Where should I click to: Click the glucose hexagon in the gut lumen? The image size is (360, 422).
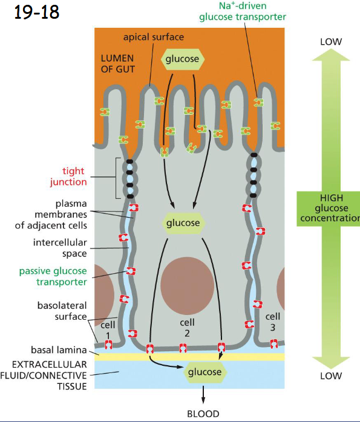(x=183, y=59)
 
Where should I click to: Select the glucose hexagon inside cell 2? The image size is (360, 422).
(x=183, y=223)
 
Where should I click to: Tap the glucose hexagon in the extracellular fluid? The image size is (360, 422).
(x=205, y=372)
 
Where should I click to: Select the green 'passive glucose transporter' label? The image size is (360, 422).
(x=52, y=276)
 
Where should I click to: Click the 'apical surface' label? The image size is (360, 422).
(x=153, y=37)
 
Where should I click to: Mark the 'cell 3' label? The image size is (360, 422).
(x=273, y=322)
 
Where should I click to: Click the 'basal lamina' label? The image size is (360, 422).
(x=57, y=349)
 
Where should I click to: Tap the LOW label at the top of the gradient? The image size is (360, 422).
(x=331, y=42)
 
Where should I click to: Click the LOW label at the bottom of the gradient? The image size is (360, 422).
(x=331, y=376)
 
